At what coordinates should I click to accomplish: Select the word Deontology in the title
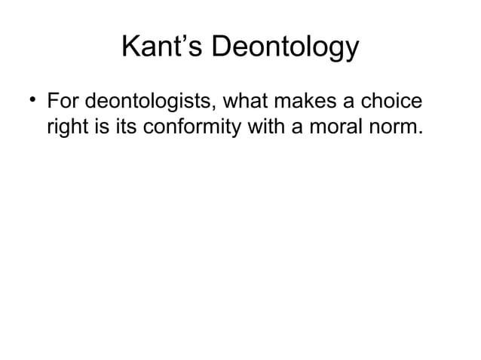[284, 49]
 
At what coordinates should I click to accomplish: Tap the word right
[66, 129]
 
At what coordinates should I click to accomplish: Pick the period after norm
[417, 135]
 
